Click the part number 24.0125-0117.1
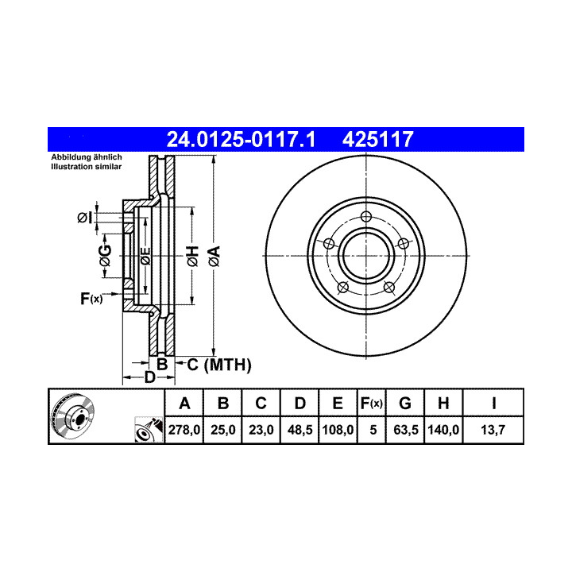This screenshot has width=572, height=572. pyautogui.click(x=241, y=139)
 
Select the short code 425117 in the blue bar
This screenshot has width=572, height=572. pyautogui.click(x=377, y=139)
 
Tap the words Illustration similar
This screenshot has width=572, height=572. pyautogui.click(x=86, y=167)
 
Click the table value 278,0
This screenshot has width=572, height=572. pyautogui.click(x=184, y=430)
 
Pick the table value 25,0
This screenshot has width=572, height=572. pyautogui.click(x=223, y=430)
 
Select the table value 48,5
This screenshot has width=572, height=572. pyautogui.click(x=300, y=430)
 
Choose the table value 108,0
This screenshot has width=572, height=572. pyautogui.click(x=338, y=430)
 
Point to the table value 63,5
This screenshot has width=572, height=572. pyautogui.click(x=406, y=430)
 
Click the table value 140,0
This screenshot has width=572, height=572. pyautogui.click(x=443, y=430)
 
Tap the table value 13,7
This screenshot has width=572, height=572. pyautogui.click(x=493, y=430)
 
